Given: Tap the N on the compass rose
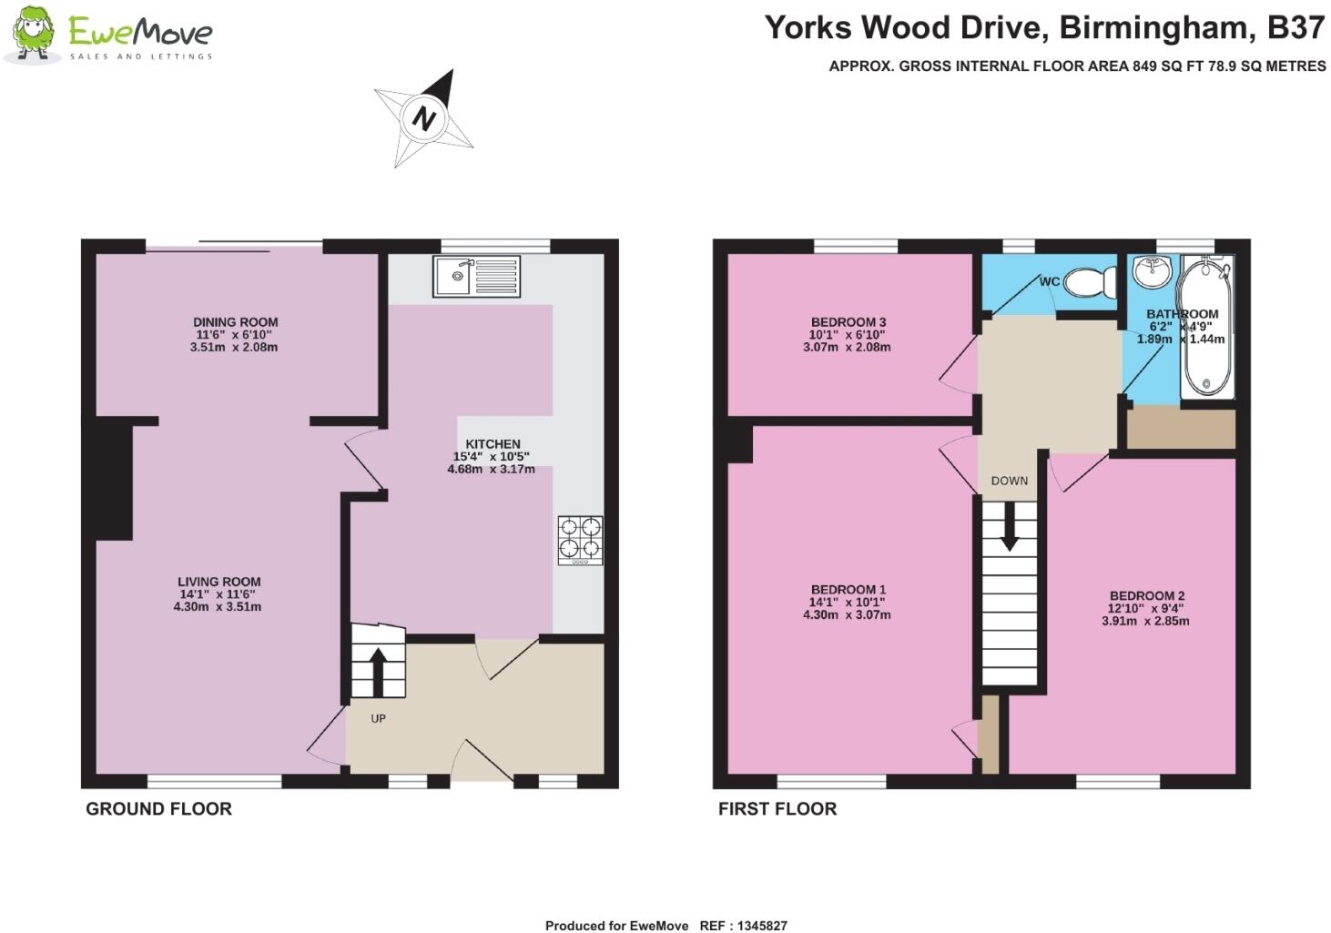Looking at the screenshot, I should pyautogui.click(x=423, y=117).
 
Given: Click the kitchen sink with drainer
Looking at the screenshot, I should pyautogui.click(x=476, y=276).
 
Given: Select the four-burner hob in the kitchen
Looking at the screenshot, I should pyautogui.click(x=580, y=540).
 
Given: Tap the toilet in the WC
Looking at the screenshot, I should pyautogui.click(x=1087, y=282).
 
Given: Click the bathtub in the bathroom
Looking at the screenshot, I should pyautogui.click(x=1205, y=328).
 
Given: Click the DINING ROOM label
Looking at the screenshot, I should pyautogui.click(x=235, y=322).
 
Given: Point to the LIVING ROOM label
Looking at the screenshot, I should pyautogui.click(x=218, y=582).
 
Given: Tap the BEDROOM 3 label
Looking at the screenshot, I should pyautogui.click(x=848, y=322).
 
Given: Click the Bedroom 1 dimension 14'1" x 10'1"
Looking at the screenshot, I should pyautogui.click(x=847, y=602).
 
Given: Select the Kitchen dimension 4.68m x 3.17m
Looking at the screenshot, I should pyautogui.click(x=491, y=470).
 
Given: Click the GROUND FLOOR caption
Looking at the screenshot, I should pyautogui.click(x=158, y=808).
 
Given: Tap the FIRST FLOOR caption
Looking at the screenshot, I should pyautogui.click(x=777, y=808).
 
